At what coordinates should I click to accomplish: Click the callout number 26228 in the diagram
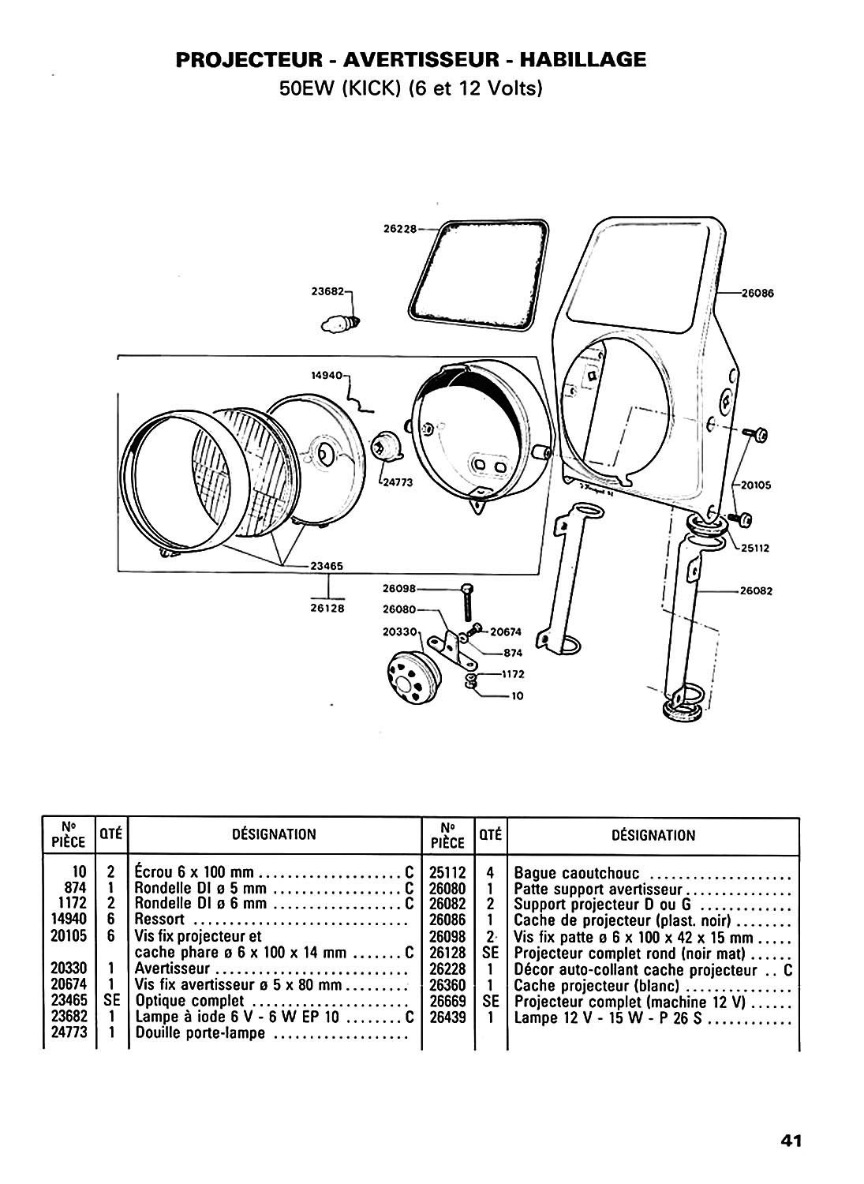pos(400,230)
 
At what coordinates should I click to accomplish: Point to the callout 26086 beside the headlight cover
pos(758,292)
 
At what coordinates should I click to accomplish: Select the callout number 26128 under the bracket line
pos(328,608)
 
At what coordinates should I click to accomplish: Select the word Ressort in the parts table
pos(160,920)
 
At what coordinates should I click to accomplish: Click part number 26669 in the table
pos(448,1002)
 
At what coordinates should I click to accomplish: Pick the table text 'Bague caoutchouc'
pos(577,874)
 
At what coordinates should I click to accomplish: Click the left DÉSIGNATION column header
pos(274,834)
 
